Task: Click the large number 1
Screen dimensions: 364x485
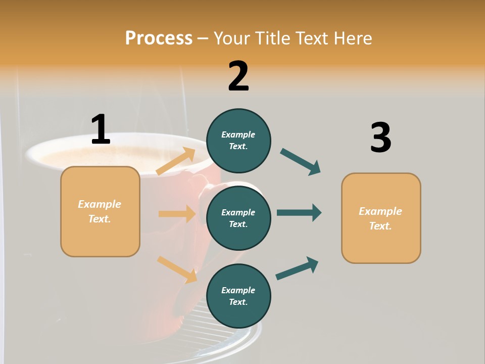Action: [101, 130]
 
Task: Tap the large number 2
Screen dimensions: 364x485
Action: [238, 76]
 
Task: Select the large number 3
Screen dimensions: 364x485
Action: [380, 138]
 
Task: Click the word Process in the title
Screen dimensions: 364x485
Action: [159, 38]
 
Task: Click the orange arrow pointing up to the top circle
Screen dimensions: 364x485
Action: [176, 161]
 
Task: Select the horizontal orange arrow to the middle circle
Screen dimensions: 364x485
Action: [177, 214]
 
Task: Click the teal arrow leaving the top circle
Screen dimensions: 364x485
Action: [300, 162]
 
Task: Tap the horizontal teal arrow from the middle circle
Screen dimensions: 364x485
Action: [299, 212]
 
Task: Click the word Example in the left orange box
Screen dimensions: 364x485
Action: [100, 204]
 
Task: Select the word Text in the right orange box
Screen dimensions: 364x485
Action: [380, 226]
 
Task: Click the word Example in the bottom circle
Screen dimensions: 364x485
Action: [238, 290]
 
